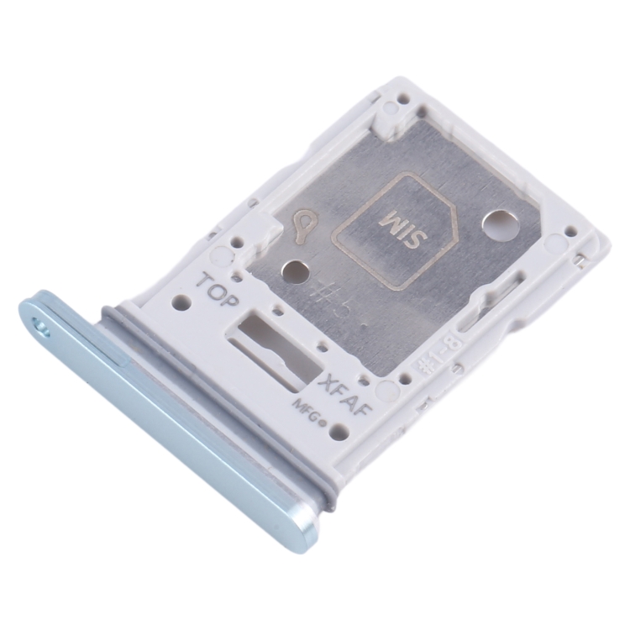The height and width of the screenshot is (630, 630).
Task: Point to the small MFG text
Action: [307, 409]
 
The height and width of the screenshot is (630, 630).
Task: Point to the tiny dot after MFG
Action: [323, 418]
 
